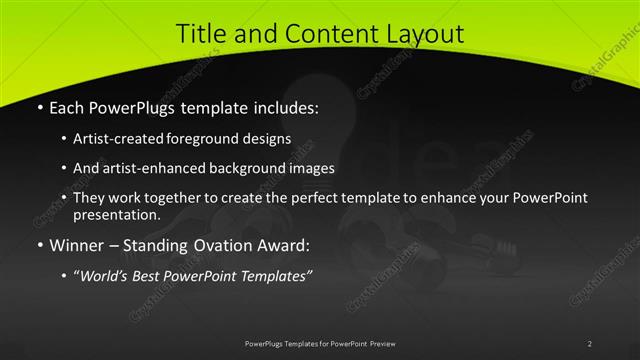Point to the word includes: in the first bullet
click(283, 105)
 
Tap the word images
click(310, 168)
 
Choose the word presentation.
click(116, 214)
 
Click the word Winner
click(76, 244)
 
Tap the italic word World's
click(106, 275)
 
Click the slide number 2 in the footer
click(590, 344)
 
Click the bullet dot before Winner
click(39, 245)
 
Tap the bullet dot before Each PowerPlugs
click(39, 106)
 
